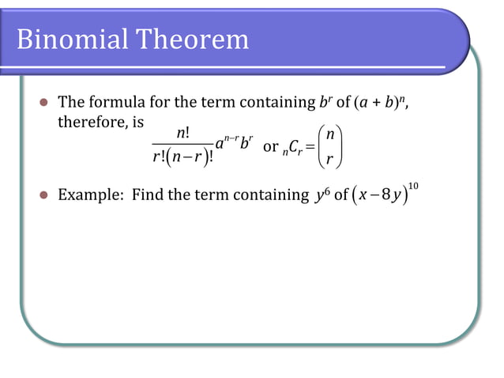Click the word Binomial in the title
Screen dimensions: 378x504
(x=69, y=39)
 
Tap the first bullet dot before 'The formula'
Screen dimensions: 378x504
(x=44, y=102)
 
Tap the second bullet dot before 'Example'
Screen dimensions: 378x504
(x=44, y=195)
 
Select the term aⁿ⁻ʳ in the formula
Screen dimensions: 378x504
(x=226, y=145)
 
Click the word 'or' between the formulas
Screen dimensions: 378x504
(x=270, y=148)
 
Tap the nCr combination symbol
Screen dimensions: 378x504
(x=296, y=149)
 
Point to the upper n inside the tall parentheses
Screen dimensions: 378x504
(x=333, y=135)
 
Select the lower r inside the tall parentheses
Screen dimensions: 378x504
(x=333, y=161)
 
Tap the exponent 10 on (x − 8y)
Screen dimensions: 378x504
(x=413, y=185)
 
